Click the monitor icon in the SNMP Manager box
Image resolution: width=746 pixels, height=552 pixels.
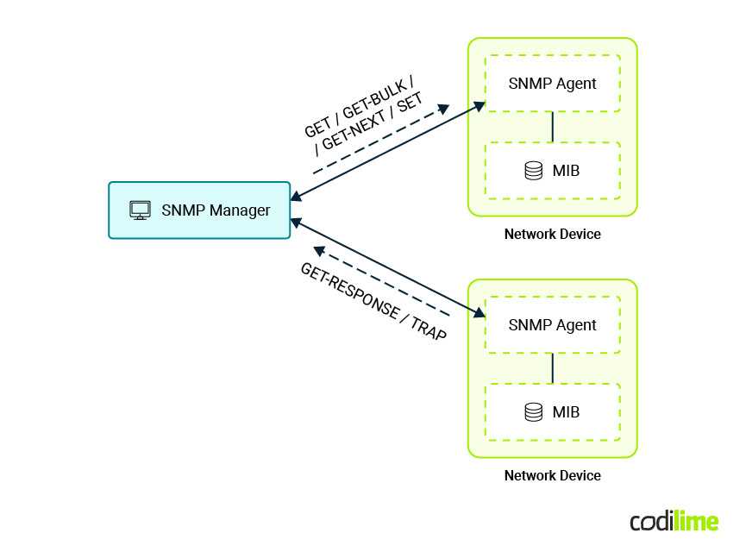coord(140,210)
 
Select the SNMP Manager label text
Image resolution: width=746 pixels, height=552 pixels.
coord(216,210)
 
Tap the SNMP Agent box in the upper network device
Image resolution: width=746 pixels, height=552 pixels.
coord(552,84)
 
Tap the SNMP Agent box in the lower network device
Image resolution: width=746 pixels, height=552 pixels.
coord(552,325)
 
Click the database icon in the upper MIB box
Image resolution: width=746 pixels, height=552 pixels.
coord(534,171)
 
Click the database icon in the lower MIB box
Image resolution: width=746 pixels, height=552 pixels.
coord(534,412)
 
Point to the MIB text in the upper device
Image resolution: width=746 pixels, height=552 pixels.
coord(566,171)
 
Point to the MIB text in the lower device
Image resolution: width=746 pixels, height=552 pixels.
coord(566,412)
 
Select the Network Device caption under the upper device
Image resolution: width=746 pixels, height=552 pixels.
coord(552,234)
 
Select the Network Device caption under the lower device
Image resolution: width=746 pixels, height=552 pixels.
coord(552,475)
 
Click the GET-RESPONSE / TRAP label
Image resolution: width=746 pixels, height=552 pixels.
coord(373,301)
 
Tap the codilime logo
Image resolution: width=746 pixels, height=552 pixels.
coord(674,521)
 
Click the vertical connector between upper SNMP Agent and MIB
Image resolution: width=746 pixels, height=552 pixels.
coord(552,127)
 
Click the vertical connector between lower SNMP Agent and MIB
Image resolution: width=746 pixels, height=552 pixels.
coord(552,368)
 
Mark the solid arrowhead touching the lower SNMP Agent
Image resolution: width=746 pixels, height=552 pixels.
coord(480,315)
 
